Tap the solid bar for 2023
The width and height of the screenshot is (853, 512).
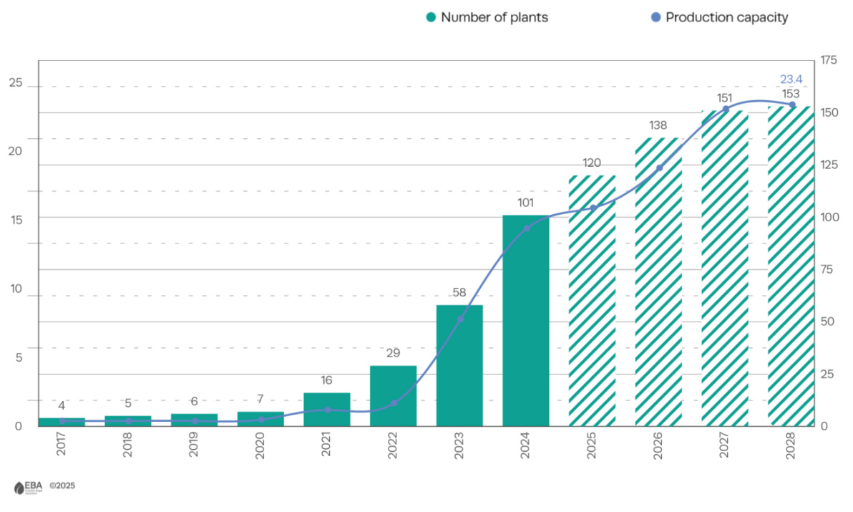(x=459, y=365)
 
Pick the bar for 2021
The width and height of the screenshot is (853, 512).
(x=327, y=409)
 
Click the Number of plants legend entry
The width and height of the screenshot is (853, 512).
(x=487, y=17)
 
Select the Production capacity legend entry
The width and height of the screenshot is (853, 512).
(x=718, y=17)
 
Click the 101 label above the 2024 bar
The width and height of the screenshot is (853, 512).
(x=525, y=203)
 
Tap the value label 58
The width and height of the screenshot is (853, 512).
(x=459, y=292)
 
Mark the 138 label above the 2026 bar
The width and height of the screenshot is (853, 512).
(x=658, y=125)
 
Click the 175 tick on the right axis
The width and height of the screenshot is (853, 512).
(x=829, y=60)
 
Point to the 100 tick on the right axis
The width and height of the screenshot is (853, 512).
(x=829, y=217)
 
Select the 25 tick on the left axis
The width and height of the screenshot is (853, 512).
(x=15, y=84)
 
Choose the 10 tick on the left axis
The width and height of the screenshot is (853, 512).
(x=15, y=289)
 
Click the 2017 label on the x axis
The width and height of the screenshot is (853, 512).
(x=62, y=448)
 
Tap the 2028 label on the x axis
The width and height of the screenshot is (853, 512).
(x=791, y=448)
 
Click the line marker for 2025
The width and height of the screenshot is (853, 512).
(x=593, y=208)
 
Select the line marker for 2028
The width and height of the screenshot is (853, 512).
(x=791, y=105)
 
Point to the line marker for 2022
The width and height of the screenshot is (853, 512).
(x=394, y=403)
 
